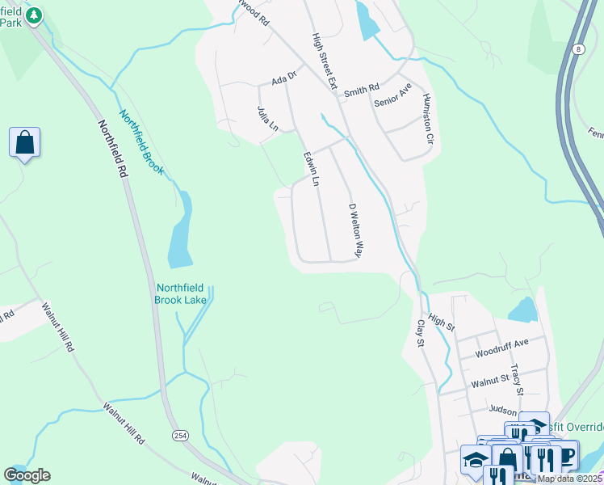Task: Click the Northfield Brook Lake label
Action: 180,293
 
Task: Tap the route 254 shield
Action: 179,436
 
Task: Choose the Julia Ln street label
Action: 262,120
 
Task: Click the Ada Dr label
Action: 284,79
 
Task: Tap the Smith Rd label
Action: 361,90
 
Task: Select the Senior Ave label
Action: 393,95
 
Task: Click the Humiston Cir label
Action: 429,118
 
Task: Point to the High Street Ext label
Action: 324,61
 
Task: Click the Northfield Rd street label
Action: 113,150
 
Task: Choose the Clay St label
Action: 420,332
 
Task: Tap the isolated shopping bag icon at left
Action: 25,143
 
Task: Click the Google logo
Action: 27,475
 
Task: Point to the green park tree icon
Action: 33,15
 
